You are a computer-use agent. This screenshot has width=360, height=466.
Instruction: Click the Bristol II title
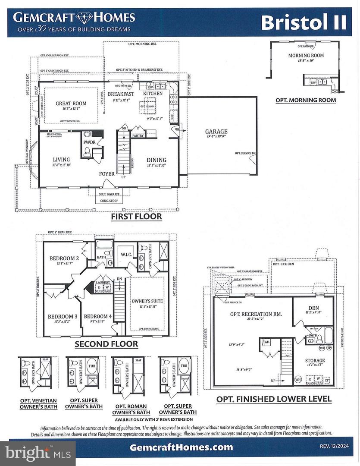coord(304,22)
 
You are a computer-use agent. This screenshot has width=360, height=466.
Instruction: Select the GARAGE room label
coord(216,132)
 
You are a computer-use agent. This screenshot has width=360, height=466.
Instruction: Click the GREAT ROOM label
coord(71,104)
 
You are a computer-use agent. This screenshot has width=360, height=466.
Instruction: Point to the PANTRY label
coord(138,135)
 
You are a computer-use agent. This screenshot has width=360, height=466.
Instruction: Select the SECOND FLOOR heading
coord(106,344)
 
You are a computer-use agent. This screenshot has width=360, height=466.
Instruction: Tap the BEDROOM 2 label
coord(64,258)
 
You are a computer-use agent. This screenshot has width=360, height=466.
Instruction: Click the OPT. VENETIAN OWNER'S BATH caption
coord(38,403)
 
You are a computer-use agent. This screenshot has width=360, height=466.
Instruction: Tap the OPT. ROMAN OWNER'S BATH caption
coord(129,409)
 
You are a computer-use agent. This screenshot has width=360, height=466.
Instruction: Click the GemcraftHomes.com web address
coord(181,447)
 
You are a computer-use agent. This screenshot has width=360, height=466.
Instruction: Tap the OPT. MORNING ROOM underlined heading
coord(306,100)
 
